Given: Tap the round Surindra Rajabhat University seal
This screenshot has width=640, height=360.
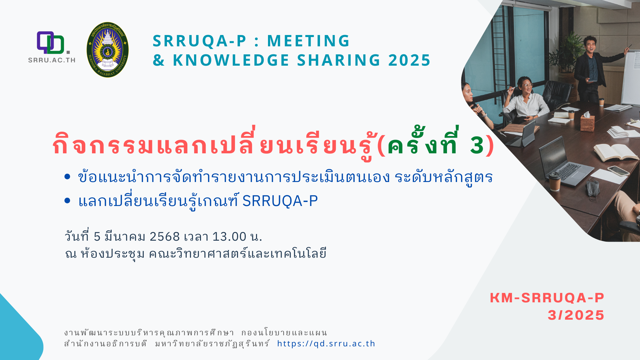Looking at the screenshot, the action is [107, 50].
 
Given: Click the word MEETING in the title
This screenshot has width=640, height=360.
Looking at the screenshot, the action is [308, 41].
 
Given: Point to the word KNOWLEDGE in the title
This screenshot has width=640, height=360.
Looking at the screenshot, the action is [231, 60].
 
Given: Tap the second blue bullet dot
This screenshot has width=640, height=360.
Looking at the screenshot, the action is [67, 200].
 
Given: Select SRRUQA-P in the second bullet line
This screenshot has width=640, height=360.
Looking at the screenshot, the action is [280, 201].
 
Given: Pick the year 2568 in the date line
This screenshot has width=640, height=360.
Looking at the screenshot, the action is [165, 237].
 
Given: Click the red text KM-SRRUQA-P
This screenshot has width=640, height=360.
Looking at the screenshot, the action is [547, 298].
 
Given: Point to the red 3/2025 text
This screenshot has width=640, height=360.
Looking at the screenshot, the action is [576, 315].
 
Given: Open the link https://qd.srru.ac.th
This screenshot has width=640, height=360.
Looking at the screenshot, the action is [326, 344].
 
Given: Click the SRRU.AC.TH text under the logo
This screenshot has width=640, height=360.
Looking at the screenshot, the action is [52, 60].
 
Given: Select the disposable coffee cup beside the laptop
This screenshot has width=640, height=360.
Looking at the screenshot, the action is [555, 182].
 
